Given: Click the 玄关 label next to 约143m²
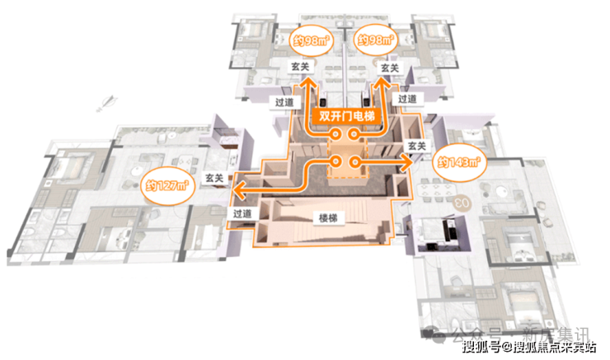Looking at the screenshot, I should pos(416,146).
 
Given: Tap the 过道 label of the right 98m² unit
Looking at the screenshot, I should pos(407,99).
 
